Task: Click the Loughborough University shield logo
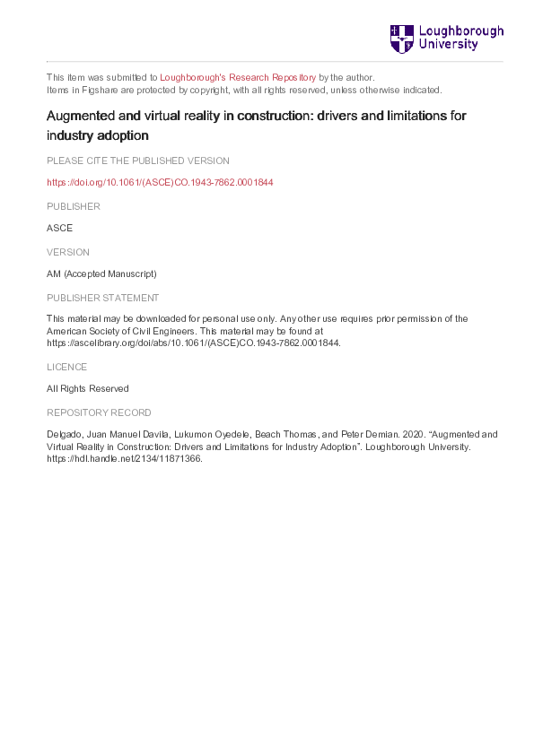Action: [x=401, y=39]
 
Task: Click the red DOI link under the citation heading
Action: [x=160, y=183]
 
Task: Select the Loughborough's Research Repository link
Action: [x=240, y=77]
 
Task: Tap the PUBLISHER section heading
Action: [x=74, y=206]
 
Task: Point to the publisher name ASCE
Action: [x=60, y=229]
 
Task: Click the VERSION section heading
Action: [x=68, y=252]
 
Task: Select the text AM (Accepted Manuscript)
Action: [x=101, y=274]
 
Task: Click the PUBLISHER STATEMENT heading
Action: [x=103, y=298]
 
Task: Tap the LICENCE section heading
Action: [x=67, y=366]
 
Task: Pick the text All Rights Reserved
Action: [x=88, y=388]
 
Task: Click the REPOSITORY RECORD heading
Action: [x=99, y=412]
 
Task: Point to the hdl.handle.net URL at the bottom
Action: [x=126, y=458]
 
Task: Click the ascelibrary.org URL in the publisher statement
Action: [x=194, y=343]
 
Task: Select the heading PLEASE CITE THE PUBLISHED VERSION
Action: [x=138, y=161]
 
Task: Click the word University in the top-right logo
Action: [x=450, y=45]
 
